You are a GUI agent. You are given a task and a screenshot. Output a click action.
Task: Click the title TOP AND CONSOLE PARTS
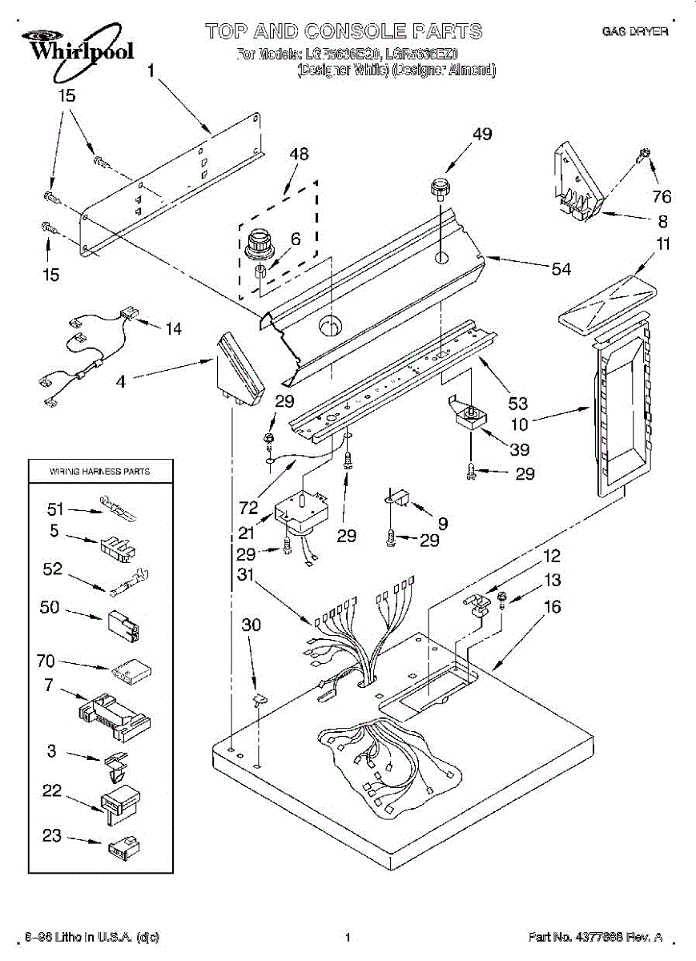click(344, 32)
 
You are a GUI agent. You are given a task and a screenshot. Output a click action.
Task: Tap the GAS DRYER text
click(634, 32)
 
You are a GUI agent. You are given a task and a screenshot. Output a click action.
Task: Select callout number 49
click(481, 135)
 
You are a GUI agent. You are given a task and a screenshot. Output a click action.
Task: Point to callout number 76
click(662, 197)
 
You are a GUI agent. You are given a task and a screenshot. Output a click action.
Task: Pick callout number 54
click(561, 269)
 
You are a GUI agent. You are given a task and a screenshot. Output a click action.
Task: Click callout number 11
click(662, 244)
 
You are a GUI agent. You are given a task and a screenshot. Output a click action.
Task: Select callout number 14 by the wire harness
click(173, 328)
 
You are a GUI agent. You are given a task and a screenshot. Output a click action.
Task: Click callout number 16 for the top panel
click(552, 607)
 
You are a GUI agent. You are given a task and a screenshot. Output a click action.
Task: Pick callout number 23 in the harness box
click(51, 836)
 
